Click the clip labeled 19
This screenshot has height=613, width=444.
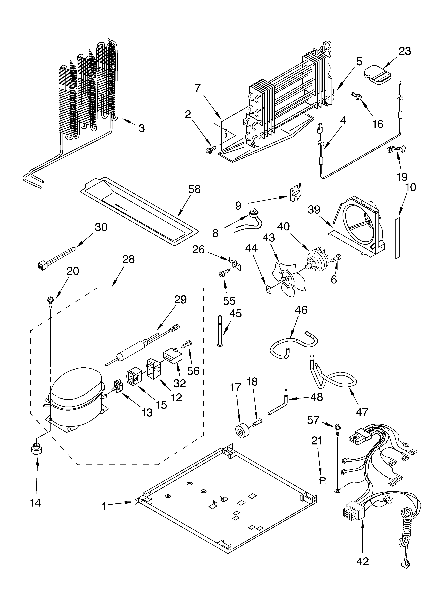point(397,149)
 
